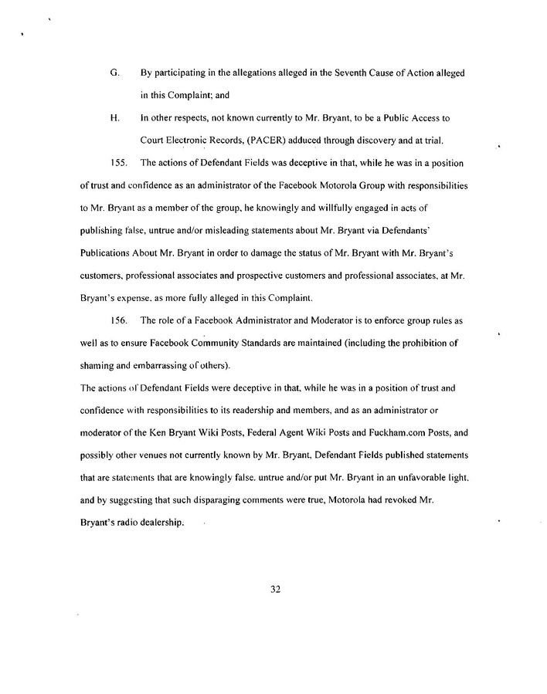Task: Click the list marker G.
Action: coord(114,73)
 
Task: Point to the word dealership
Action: coord(160,523)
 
